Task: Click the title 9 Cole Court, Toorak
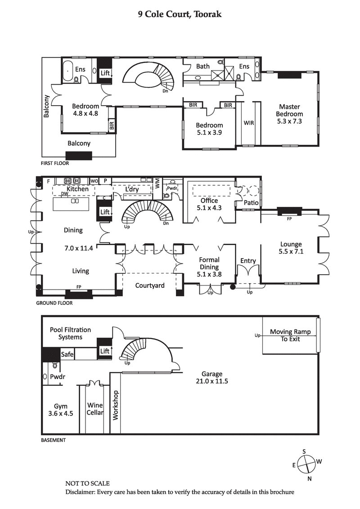click(x=180, y=14)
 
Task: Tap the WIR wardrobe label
click(x=249, y=122)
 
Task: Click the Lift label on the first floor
click(x=105, y=73)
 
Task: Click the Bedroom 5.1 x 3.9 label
click(x=209, y=129)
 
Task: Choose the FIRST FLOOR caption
click(x=55, y=164)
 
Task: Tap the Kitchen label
click(x=77, y=189)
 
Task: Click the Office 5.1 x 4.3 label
click(x=209, y=204)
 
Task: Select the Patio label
click(x=251, y=203)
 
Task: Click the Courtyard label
click(x=150, y=286)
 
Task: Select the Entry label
click(x=248, y=261)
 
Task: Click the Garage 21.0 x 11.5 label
click(x=212, y=378)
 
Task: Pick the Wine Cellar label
click(x=95, y=409)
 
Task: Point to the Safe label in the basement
click(x=67, y=354)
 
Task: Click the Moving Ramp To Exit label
click(x=290, y=335)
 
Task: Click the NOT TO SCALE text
click(x=87, y=483)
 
